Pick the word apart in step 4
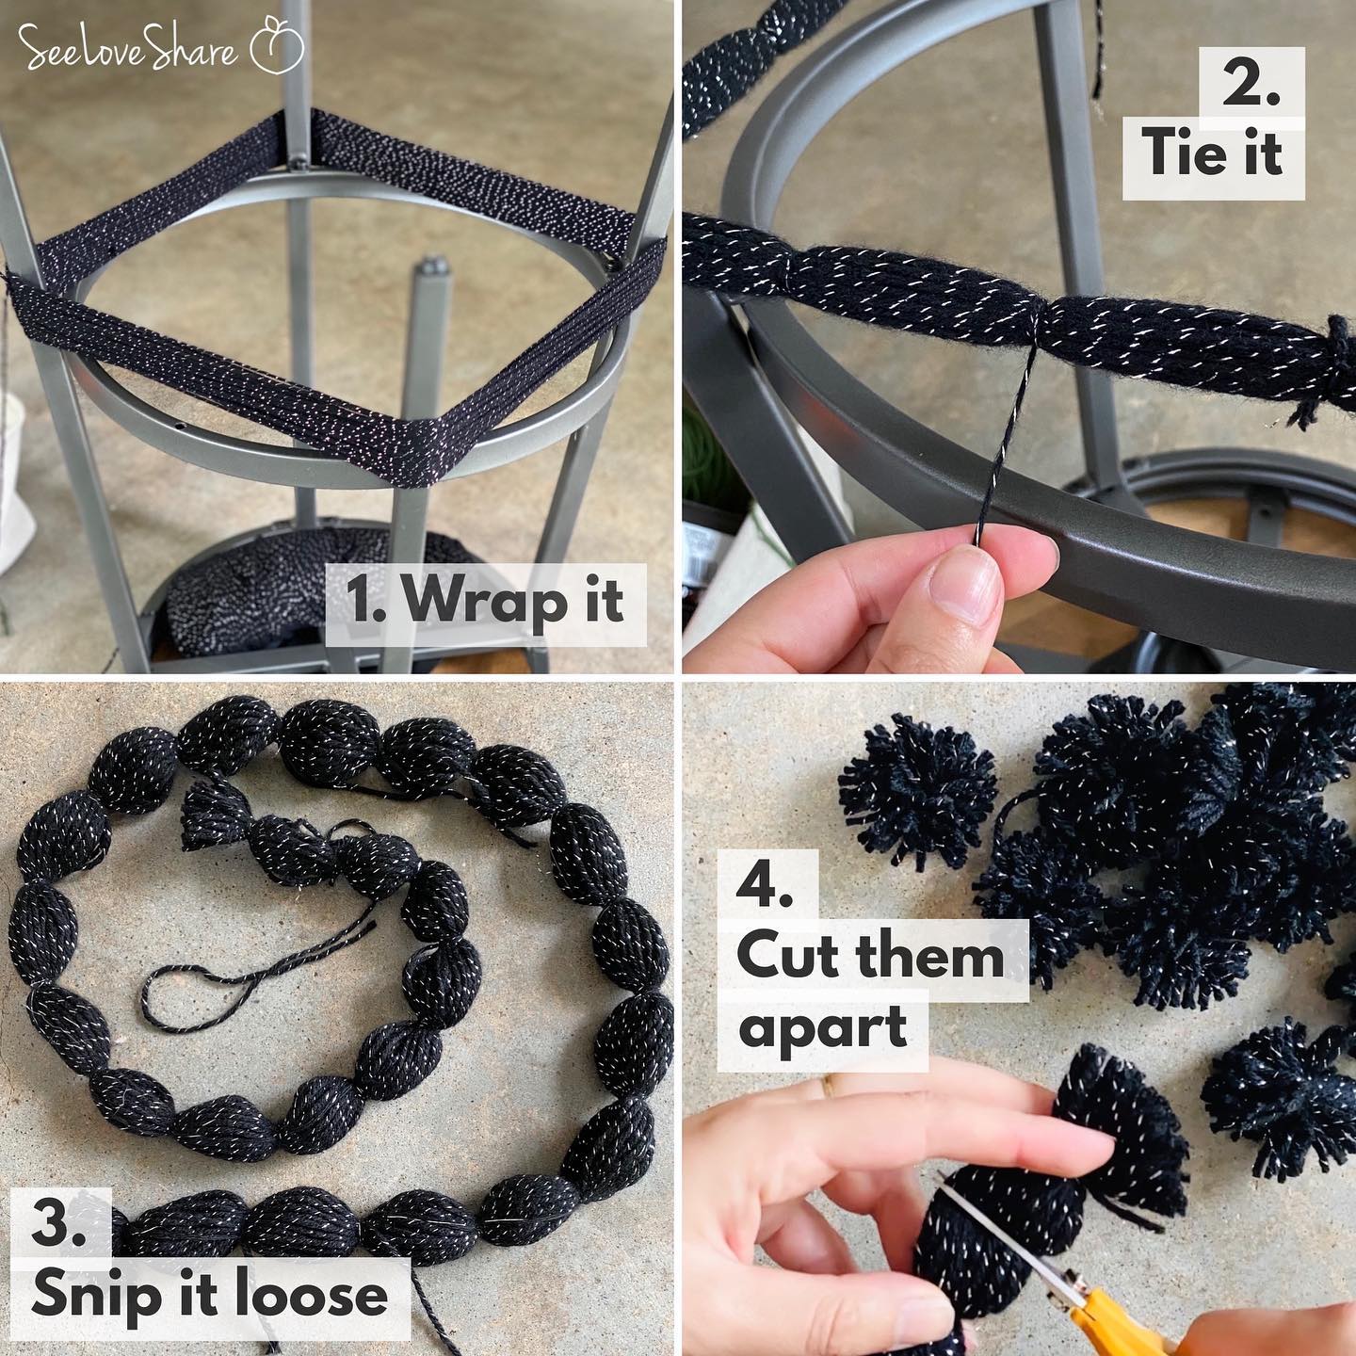coord(823,1030)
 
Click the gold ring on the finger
coord(829,1085)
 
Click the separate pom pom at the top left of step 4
coord(917,792)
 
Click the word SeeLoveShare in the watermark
coord(128,48)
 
